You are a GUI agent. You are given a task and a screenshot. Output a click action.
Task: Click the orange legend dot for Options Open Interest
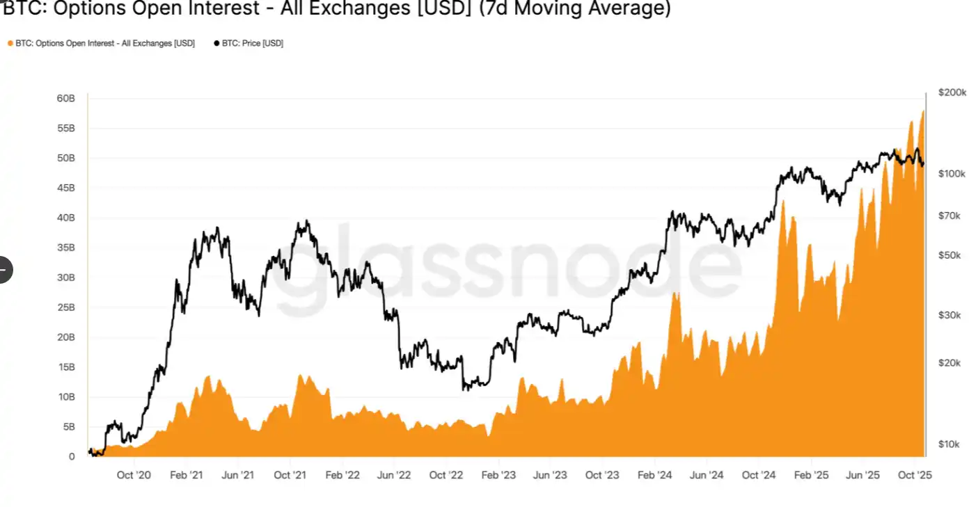tap(10, 43)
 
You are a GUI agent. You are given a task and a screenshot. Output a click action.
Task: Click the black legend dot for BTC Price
tap(216, 43)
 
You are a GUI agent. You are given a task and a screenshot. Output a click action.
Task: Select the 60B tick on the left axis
tap(65, 99)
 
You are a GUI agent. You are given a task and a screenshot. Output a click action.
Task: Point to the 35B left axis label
tap(65, 248)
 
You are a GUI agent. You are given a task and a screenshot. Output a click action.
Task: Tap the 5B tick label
tap(68, 427)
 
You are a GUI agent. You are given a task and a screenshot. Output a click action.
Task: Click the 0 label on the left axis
tap(72, 457)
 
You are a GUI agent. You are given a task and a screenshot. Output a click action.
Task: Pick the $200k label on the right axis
tap(952, 92)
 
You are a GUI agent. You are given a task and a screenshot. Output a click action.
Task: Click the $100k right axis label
tap(952, 173)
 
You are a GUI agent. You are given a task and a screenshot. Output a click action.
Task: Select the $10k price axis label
tap(949, 444)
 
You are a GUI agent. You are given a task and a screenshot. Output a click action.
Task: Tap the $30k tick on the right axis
tap(949, 315)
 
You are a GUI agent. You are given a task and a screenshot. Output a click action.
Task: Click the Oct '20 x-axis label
tap(134, 476)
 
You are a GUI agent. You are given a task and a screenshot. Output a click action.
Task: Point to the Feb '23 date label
tap(498, 476)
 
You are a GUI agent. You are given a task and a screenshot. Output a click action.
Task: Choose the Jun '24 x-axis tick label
tap(707, 476)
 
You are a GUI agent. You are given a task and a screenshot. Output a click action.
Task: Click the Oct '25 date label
tap(915, 476)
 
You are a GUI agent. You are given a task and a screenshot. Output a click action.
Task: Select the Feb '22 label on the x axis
tap(342, 476)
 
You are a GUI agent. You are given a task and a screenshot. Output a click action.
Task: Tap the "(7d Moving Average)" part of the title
tap(575, 10)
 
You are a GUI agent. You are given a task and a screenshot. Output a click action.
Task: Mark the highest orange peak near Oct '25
tap(923, 111)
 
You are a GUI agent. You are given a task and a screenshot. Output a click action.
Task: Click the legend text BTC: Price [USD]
tap(252, 43)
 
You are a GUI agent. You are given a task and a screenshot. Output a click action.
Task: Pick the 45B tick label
tap(65, 188)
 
